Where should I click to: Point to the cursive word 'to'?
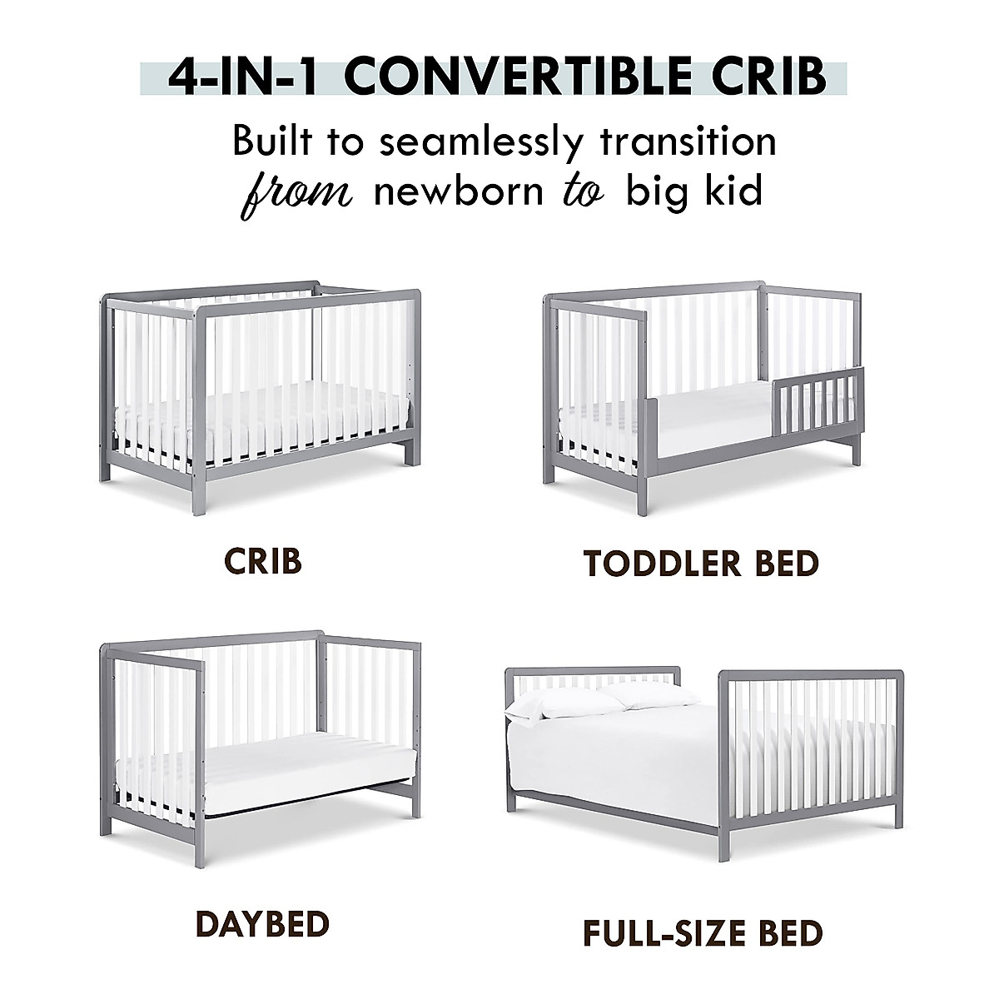(589, 191)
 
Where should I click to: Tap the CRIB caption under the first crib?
(262, 562)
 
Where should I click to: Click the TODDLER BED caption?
(701, 564)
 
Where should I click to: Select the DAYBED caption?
(262, 923)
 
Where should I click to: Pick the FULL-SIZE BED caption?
(702, 932)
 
